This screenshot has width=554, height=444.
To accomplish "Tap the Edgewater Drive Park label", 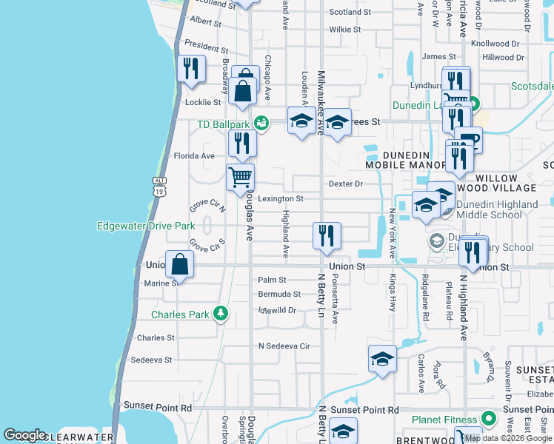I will click(x=145, y=226).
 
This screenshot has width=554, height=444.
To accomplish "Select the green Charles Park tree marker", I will click(x=220, y=314).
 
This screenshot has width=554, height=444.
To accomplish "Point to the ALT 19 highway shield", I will click(x=159, y=186).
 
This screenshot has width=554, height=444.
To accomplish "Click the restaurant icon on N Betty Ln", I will click(x=327, y=236).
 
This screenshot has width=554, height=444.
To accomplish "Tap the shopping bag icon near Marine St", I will click(x=180, y=264).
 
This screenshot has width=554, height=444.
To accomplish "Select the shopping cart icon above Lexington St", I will click(x=241, y=178).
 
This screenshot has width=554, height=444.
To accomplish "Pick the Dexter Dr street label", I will click(x=345, y=184).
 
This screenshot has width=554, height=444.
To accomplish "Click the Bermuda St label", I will click(x=279, y=295).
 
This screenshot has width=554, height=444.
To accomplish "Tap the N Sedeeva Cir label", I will click(x=284, y=346).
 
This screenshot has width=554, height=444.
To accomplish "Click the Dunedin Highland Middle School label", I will click(x=497, y=209).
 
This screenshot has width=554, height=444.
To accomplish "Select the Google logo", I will click(x=24, y=435).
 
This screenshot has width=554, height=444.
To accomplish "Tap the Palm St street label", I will click(x=272, y=280).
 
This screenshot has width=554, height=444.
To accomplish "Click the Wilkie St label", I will click(x=345, y=30).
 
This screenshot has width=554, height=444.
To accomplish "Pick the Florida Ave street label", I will click(x=193, y=156).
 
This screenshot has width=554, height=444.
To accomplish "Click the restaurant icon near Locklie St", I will click(x=191, y=70).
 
